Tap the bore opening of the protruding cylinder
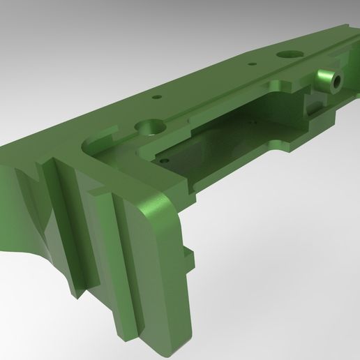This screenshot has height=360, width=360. point(336,81)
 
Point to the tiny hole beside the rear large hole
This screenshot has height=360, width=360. point(251,63)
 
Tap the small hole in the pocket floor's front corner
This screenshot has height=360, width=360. point(163,160)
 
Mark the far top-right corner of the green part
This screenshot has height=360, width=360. point(347,26)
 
